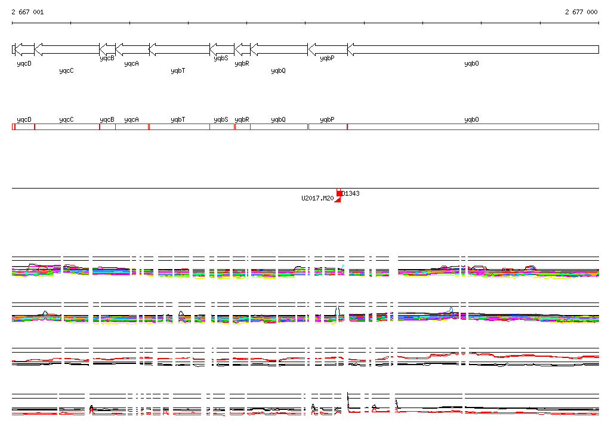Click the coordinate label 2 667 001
[x=27, y=12]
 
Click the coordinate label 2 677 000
[x=581, y=12]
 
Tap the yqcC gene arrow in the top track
[x=67, y=50]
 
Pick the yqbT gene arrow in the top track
[x=179, y=50]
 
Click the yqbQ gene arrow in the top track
[x=279, y=50]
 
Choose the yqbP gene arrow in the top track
[x=327, y=50]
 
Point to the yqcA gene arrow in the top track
[x=132, y=50]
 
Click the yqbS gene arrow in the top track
[x=221, y=50]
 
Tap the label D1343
[x=351, y=193]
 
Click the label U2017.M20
[x=317, y=198]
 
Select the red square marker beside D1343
[x=339, y=193]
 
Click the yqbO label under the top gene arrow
[x=471, y=63]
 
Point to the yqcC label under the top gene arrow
[x=66, y=70]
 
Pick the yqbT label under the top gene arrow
[x=178, y=70]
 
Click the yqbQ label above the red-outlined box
[x=278, y=119]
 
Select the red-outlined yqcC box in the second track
[x=67, y=127]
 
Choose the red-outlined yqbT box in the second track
[x=179, y=127]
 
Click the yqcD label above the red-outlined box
[x=24, y=119]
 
